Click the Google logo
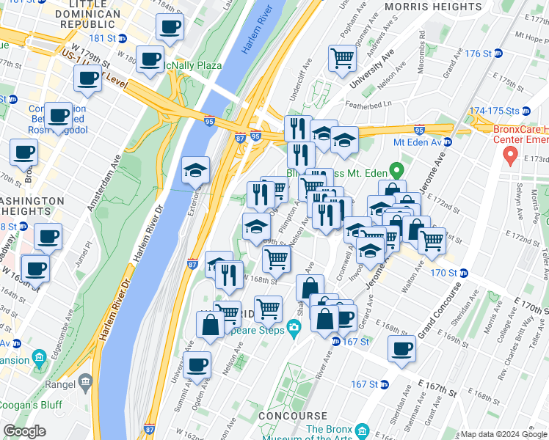[x=24, y=431]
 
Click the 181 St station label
[x=104, y=38]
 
